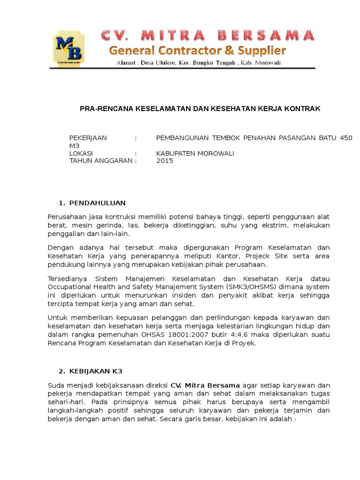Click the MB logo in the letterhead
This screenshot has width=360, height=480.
[68, 48]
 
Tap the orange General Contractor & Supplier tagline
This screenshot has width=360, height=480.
[197, 50]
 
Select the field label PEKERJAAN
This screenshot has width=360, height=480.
[88, 138]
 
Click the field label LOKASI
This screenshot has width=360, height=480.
[81, 153]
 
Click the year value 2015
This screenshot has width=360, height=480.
[165, 161]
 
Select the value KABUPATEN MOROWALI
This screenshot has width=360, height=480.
[195, 153]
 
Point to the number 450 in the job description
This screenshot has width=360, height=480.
[346, 138]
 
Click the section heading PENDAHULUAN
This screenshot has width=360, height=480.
[97, 203]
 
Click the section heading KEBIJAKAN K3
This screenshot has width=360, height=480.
[96, 371]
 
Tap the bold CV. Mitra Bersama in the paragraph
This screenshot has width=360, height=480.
[206, 385]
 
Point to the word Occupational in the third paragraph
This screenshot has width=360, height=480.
[69, 287]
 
